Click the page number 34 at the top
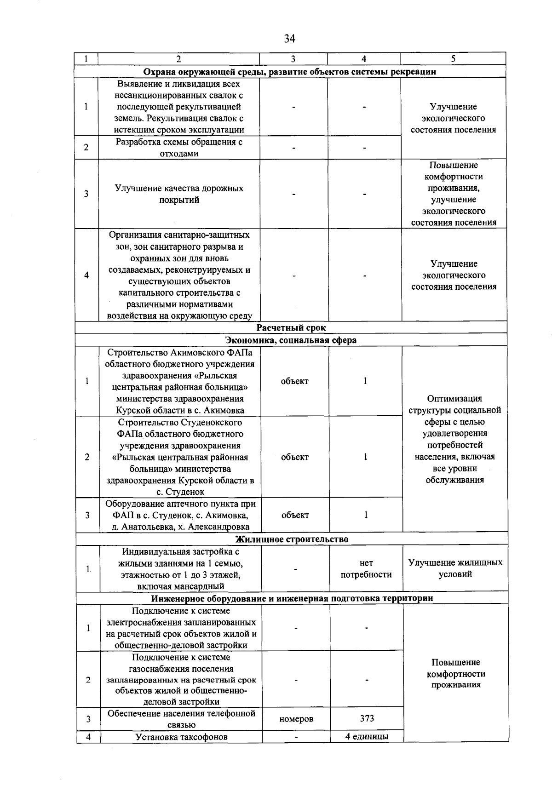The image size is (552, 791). [x=289, y=39]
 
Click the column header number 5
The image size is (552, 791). [x=453, y=59]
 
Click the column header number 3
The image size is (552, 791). [x=293, y=59]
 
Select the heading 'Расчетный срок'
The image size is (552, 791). [x=291, y=328]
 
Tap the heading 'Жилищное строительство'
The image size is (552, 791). [x=292, y=539]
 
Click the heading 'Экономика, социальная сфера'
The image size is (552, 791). [x=291, y=340]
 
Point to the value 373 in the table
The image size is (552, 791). [x=367, y=719]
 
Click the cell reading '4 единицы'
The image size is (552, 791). [x=367, y=736]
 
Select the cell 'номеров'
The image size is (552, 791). [x=296, y=719]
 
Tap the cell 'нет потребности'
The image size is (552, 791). [x=366, y=568]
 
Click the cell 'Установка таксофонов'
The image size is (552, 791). [x=181, y=737]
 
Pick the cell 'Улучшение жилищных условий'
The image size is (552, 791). [x=455, y=568]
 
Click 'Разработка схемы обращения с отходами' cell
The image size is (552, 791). [x=179, y=148]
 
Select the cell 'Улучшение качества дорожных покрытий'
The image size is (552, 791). [x=179, y=194]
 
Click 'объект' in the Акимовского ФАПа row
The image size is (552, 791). [x=294, y=381]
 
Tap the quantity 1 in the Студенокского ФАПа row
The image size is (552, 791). [x=365, y=457]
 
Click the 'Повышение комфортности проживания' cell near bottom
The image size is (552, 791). [x=456, y=674]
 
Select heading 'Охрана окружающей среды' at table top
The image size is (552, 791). [x=290, y=72]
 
